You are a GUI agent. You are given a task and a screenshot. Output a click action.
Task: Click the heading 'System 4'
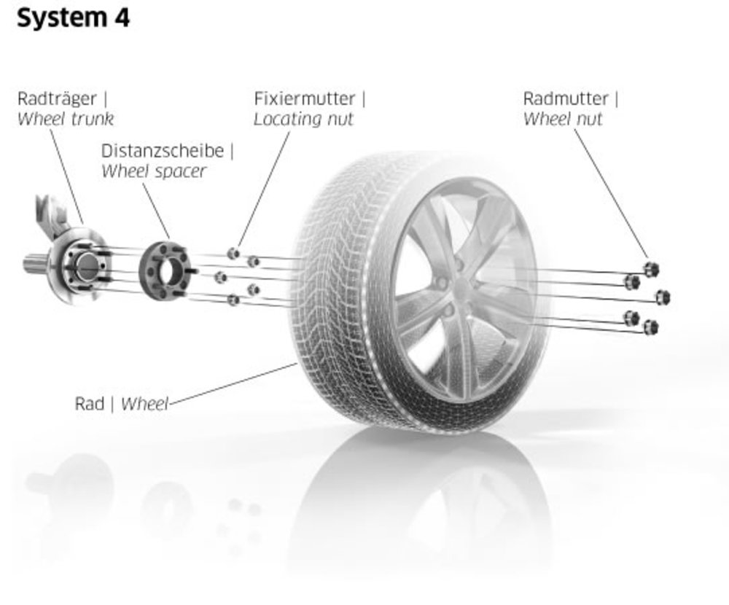click(x=73, y=19)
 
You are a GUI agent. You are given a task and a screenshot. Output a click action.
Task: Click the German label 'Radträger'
click(x=52, y=98)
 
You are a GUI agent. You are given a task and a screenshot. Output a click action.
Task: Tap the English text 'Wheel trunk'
click(x=66, y=118)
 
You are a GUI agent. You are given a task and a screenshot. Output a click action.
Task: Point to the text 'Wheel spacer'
click(x=153, y=171)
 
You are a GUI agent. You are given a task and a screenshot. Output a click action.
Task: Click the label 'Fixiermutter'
click(x=305, y=98)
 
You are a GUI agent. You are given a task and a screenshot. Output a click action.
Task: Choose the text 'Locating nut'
click(x=303, y=119)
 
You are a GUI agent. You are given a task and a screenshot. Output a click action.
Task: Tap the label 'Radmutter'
click(x=566, y=98)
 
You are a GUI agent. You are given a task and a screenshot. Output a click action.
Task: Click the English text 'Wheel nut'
click(x=563, y=119)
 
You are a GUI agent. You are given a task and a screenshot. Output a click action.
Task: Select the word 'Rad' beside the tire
click(x=90, y=403)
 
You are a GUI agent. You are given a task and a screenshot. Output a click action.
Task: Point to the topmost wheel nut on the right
click(x=651, y=269)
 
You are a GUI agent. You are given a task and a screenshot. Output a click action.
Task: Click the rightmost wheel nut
click(x=662, y=297)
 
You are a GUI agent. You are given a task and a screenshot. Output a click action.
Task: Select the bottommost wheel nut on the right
click(x=651, y=327)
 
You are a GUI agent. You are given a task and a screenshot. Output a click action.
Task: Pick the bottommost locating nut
click(x=233, y=300)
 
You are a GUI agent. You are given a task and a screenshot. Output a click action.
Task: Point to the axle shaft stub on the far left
click(x=33, y=264)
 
